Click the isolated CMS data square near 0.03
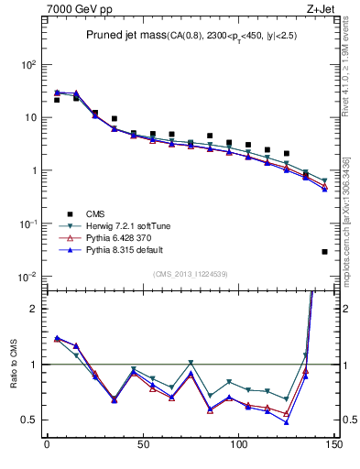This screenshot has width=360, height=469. click(x=325, y=251)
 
